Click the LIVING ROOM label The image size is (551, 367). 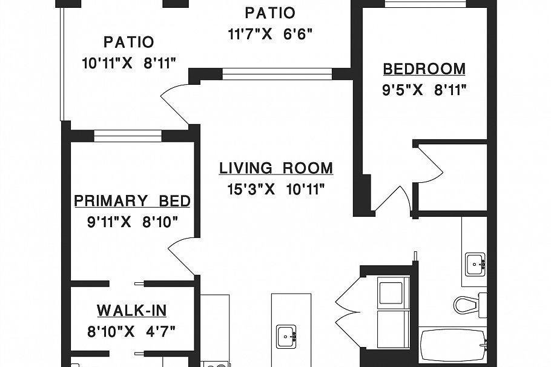coord(276,168)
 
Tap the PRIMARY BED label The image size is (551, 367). coord(132,200)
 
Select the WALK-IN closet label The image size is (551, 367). coord(132,311)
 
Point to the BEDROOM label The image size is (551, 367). coord(424,69)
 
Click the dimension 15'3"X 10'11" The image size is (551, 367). coord(276,190)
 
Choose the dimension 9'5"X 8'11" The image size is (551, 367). coord(424,90)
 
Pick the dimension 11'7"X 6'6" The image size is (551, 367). coord(270,35)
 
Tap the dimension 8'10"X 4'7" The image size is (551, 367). coord(131,331)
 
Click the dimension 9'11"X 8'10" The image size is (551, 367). coord(133,222)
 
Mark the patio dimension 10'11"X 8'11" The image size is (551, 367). coord(128,64)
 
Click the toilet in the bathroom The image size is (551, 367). coord(470,305)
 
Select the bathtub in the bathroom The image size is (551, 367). coord(453,345)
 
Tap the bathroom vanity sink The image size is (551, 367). coord(475,264)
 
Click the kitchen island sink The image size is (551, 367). coord(286,337)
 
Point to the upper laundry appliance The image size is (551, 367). coord(393,293)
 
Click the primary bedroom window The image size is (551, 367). coord(128,136)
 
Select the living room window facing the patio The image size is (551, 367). coord(277,74)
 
